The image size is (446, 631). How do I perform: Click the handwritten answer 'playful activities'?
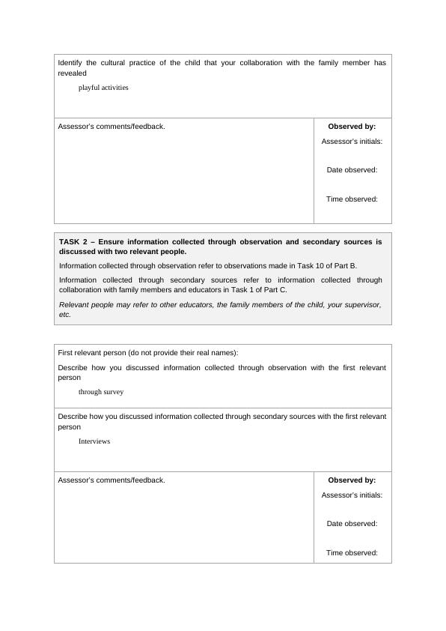[x=103, y=88]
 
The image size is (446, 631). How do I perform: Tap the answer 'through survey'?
[x=101, y=392]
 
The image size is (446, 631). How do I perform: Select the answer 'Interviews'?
[x=94, y=441]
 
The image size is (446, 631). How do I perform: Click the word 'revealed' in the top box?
[x=72, y=73]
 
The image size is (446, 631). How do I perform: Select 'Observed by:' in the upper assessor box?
[x=352, y=127]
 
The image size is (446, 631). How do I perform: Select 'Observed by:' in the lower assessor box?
[x=352, y=480]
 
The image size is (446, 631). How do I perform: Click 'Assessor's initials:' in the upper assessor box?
[x=352, y=141]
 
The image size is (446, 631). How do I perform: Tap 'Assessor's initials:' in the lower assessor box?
[x=352, y=495]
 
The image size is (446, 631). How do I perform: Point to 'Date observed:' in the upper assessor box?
[x=352, y=170]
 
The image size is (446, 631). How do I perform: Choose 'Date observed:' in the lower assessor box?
[x=352, y=524]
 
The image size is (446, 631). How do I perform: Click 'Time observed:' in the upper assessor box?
[x=352, y=199]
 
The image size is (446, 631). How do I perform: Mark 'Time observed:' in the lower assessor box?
[x=352, y=553]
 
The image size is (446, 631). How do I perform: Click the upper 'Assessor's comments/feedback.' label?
[x=111, y=127]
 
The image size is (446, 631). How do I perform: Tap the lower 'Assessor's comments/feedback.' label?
[x=111, y=480]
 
